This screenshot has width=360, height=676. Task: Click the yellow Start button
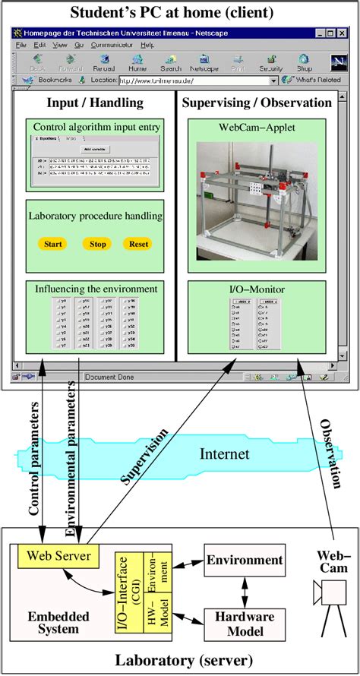pyautogui.click(x=52, y=245)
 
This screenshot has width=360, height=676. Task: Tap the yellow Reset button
pyautogui.click(x=138, y=245)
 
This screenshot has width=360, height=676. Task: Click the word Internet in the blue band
pyautogui.click(x=223, y=454)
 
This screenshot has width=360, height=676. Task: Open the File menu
pyautogui.click(x=21, y=45)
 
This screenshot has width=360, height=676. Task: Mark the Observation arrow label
pyautogui.click(x=330, y=456)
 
